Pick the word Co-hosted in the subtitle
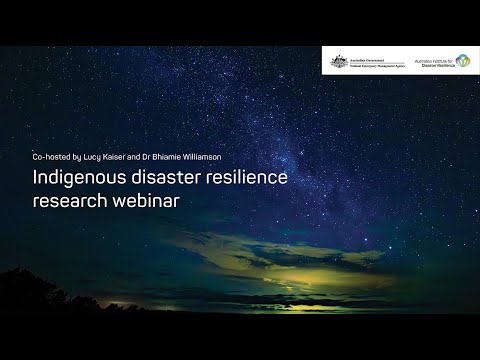pos(52,157)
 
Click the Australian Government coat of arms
pos(338,62)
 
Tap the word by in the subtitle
pos(79,157)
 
